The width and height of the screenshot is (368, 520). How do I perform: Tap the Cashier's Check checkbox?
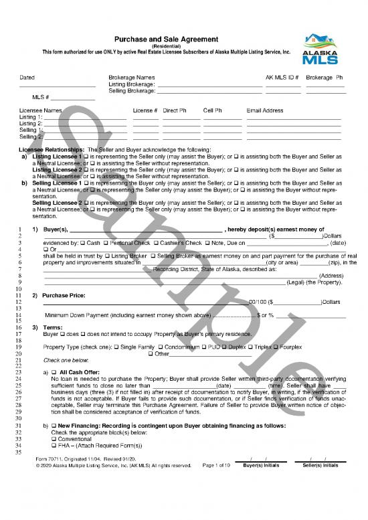click(x=156, y=242)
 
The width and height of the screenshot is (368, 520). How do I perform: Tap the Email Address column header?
click(x=265, y=110)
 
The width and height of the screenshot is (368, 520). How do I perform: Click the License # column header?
click(x=145, y=110)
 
